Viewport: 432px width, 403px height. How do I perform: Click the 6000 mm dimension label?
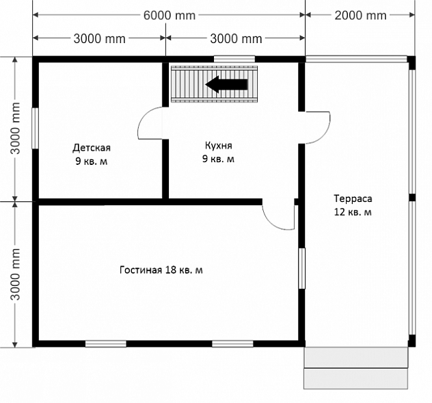(x=170, y=16)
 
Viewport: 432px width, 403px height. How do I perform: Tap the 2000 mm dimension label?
(x=360, y=16)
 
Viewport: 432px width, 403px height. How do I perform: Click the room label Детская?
(x=92, y=148)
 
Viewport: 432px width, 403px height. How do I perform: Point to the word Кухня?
(x=219, y=145)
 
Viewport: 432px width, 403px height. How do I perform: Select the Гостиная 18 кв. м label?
(x=161, y=270)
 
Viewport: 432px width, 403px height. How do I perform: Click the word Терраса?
(x=353, y=198)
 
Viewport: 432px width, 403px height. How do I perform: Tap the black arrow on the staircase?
(x=226, y=84)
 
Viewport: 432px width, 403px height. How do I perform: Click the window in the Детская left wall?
(x=35, y=128)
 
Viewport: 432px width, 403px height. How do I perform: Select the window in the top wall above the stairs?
(x=234, y=59)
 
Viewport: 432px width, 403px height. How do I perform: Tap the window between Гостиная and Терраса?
(x=302, y=268)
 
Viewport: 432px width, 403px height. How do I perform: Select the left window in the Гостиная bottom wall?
(x=106, y=343)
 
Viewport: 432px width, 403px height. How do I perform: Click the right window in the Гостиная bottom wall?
(x=232, y=343)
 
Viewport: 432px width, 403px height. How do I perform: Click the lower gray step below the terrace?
(x=355, y=379)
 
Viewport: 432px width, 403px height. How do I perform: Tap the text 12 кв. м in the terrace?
(x=353, y=212)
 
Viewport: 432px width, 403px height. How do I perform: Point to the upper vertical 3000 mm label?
(x=15, y=128)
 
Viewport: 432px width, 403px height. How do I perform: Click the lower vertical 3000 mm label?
(x=15, y=274)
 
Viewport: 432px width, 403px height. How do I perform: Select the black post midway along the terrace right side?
(x=412, y=198)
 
